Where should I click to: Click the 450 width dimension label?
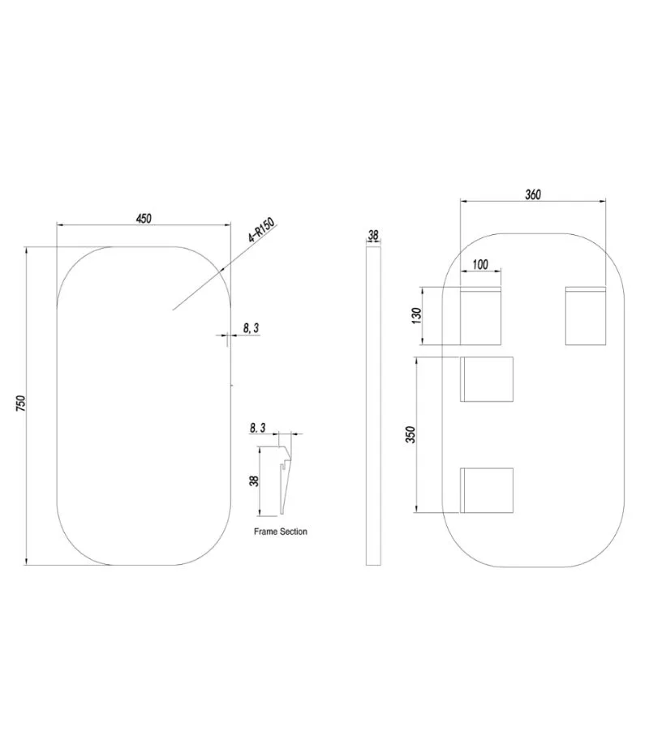pyautogui.click(x=144, y=218)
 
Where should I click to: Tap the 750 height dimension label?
pyautogui.click(x=20, y=403)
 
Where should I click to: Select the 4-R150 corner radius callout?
pyautogui.click(x=261, y=230)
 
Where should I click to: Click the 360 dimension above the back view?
pyautogui.click(x=533, y=194)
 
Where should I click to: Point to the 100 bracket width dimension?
pyautogui.click(x=480, y=264)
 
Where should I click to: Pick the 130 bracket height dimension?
pyautogui.click(x=416, y=315)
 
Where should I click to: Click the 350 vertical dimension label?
pyautogui.click(x=410, y=434)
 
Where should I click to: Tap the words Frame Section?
pyautogui.click(x=281, y=532)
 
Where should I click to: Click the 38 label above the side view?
pyautogui.click(x=373, y=235)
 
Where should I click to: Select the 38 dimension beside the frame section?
pyautogui.click(x=254, y=481)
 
